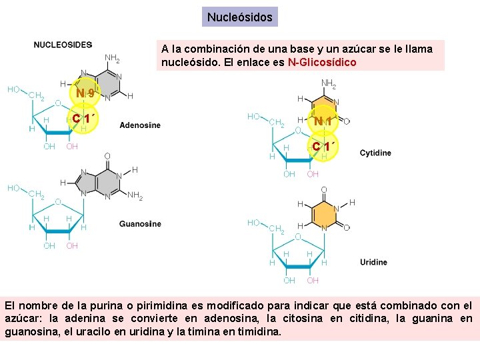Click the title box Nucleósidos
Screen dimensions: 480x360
tap(240, 17)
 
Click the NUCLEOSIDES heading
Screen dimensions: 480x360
tap(63, 45)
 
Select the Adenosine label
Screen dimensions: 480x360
tap(140, 125)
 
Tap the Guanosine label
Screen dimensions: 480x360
tap(140, 224)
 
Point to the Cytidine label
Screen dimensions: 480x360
tap(375, 153)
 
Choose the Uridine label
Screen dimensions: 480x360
tap(373, 262)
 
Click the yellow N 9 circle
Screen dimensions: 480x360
tap(85, 94)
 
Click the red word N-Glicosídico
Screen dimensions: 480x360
tap(322, 63)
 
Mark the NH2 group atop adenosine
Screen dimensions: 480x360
tap(112, 59)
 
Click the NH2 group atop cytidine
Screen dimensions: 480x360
tap(329, 84)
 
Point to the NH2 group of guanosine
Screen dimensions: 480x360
tap(135, 196)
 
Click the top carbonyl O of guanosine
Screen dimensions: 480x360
tap(107, 156)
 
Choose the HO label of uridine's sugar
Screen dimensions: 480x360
tap(253, 223)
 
